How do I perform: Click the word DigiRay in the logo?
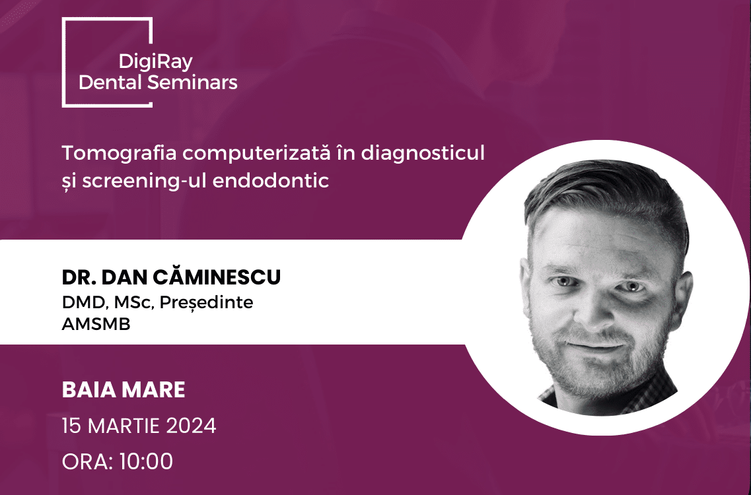coord(156,62)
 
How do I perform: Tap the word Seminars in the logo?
coord(192,82)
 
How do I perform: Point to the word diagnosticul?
coord(423,153)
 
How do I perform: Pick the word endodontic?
coord(271,180)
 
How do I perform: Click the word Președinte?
coord(206,302)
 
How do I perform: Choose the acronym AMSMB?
coord(96,324)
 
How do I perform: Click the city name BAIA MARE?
coord(124,389)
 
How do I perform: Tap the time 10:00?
coord(146,461)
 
